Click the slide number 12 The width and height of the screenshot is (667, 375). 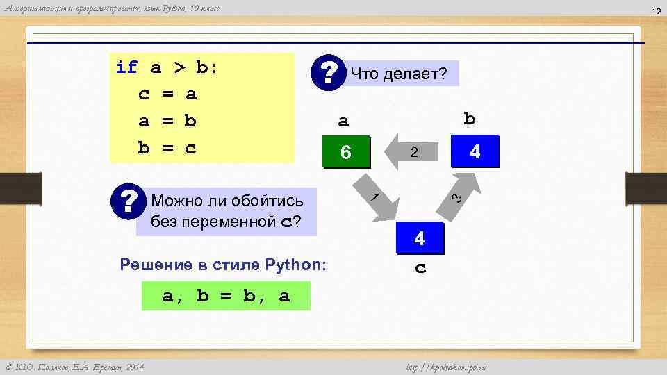click(654, 12)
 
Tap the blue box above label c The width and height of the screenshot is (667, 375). click(419, 240)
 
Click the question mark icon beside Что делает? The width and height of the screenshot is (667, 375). click(330, 72)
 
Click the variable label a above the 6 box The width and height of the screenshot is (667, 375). click(343, 121)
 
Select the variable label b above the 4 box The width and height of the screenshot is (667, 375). click(470, 119)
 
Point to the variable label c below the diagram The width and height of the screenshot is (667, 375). click(420, 268)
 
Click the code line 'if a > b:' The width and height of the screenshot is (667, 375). click(167, 67)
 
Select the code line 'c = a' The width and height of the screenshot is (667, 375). click(168, 94)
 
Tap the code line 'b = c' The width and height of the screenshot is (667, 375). click(168, 148)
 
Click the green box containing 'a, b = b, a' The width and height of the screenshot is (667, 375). click(226, 297)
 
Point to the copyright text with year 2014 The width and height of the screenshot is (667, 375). click(75, 367)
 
